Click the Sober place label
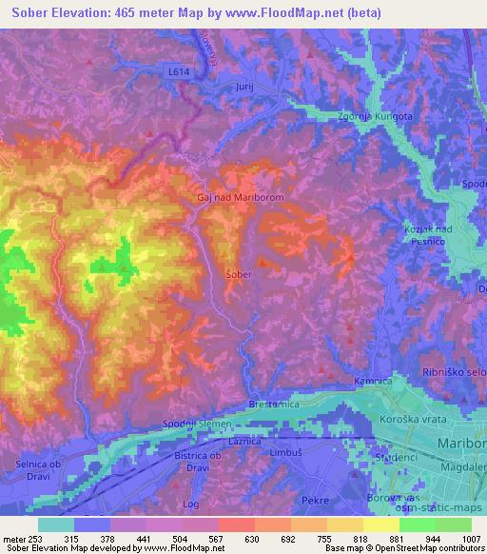237,273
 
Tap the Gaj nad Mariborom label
241,197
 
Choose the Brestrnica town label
274,405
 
